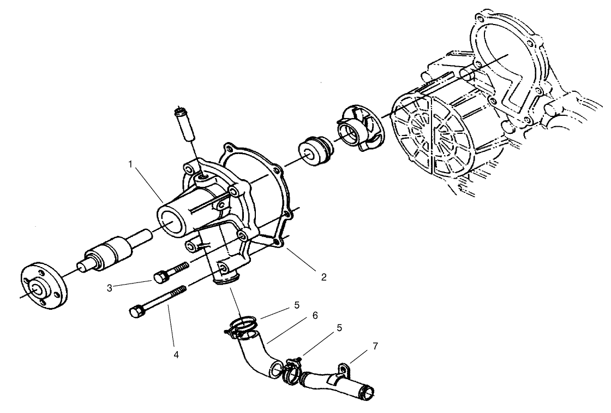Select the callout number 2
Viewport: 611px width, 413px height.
click(324, 277)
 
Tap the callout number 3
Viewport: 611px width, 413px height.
click(110, 287)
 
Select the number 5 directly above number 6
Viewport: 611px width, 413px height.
click(297, 304)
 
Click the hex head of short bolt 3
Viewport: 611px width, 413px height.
click(159, 277)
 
